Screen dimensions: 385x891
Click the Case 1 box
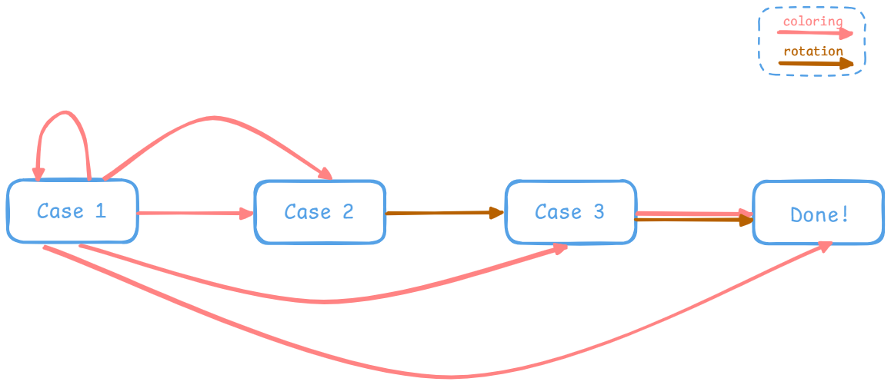click(72, 211)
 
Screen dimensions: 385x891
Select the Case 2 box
click(319, 212)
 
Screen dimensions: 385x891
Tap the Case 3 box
click(570, 212)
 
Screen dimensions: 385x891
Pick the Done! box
click(819, 214)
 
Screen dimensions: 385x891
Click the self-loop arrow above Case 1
click(65, 114)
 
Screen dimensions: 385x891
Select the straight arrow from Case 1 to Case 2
click(195, 214)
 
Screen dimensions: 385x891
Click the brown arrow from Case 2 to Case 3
click(445, 213)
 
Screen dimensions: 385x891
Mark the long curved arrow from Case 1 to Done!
click(431, 376)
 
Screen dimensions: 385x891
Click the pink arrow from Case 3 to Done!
click(692, 212)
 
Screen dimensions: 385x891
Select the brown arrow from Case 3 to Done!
click(692, 221)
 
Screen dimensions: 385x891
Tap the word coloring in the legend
click(813, 21)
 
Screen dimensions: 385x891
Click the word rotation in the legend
click(813, 51)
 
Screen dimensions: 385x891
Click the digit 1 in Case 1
click(100, 211)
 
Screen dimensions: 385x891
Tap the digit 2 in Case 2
click(348, 212)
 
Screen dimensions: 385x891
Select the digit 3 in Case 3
click(599, 211)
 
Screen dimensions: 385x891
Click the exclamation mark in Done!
click(845, 214)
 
